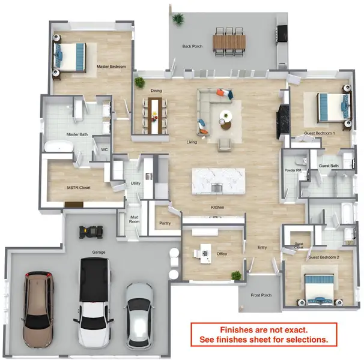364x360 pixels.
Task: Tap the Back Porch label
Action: click(x=193, y=46)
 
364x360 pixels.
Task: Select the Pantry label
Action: click(x=165, y=223)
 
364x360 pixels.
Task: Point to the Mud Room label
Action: click(x=134, y=221)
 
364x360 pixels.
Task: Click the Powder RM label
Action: click(x=293, y=170)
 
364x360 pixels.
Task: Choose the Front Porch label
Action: click(x=261, y=295)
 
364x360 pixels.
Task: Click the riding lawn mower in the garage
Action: click(x=93, y=230)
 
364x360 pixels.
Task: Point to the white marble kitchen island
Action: click(x=218, y=181)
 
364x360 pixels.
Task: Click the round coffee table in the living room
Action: click(x=226, y=121)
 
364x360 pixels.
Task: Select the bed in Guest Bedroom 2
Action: click(x=317, y=289)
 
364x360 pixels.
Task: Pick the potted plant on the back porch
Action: click(x=178, y=19)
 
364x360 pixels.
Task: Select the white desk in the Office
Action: click(x=204, y=250)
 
